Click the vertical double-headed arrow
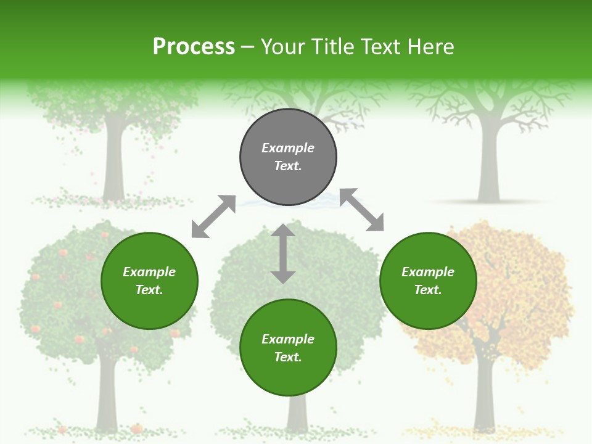tap(283, 253)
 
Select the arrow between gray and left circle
tap(213, 216)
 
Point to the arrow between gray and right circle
tap(362, 210)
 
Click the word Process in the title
tap(194, 46)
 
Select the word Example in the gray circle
tap(288, 148)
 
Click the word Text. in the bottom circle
tap(288, 357)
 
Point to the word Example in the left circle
tap(149, 272)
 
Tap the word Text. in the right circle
tap(428, 290)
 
